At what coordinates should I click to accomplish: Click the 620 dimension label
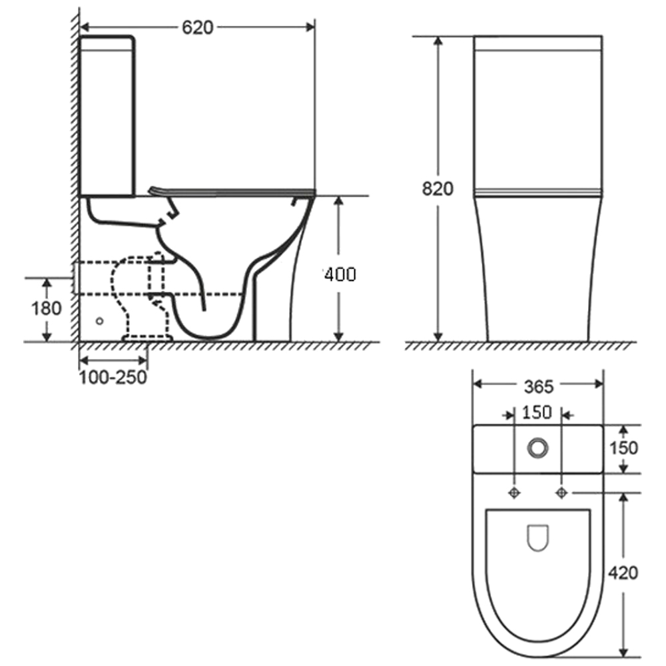[x=198, y=27]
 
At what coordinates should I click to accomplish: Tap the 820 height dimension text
[x=438, y=188]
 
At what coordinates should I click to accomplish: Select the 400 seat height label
[x=340, y=275]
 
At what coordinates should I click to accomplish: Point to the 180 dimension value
[x=47, y=308]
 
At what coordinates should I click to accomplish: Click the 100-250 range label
[x=113, y=377]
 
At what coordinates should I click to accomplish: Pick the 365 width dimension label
[x=539, y=386]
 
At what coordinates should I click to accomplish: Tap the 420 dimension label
[x=623, y=573]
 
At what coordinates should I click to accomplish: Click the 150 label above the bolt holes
[x=537, y=412]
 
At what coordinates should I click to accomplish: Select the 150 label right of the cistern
[x=623, y=448]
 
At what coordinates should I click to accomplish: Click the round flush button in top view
[x=537, y=448]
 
